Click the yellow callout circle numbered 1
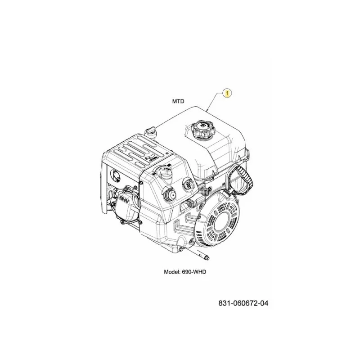coord(227,93)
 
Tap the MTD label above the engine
coord(178,101)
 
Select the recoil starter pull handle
coord(240,177)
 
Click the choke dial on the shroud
coord(162,171)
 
